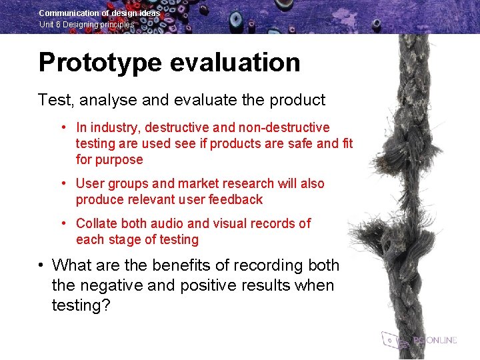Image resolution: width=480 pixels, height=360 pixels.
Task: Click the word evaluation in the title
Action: coord(235,63)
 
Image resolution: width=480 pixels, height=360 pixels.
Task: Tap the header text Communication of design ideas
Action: coord(99,13)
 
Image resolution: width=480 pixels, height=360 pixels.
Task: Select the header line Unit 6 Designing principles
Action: coord(87,25)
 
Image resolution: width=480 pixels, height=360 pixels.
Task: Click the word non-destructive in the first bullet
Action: coord(289,127)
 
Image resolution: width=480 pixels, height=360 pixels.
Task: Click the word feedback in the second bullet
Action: coord(236,199)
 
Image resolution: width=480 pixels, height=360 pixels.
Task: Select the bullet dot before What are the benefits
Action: coord(41,265)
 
